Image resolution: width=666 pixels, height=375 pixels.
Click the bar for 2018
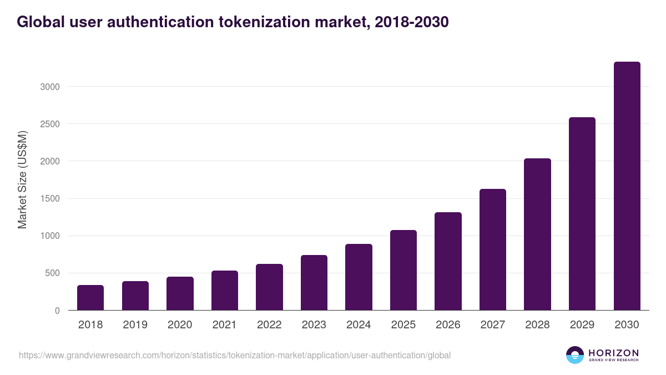pos(90,298)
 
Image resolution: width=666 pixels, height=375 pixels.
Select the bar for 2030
pos(627,186)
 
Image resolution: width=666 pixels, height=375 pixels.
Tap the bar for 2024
pos(359,277)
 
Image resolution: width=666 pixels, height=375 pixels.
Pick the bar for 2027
pos(493,249)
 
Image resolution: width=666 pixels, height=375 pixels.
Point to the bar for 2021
pos(225,291)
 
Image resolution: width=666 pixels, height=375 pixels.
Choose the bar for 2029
pos(582,214)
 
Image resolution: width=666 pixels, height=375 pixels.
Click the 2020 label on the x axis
pos(180,325)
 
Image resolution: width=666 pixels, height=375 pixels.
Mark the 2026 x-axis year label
pos(448,325)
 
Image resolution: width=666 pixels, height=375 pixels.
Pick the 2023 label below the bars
pos(314,325)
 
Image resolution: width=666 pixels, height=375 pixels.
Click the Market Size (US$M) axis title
pos(22,180)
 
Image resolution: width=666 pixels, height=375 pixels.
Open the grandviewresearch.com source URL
pos(235,355)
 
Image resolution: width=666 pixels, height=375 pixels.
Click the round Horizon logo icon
pos(575,355)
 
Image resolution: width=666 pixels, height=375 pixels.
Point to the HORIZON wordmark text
pos(614,353)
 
